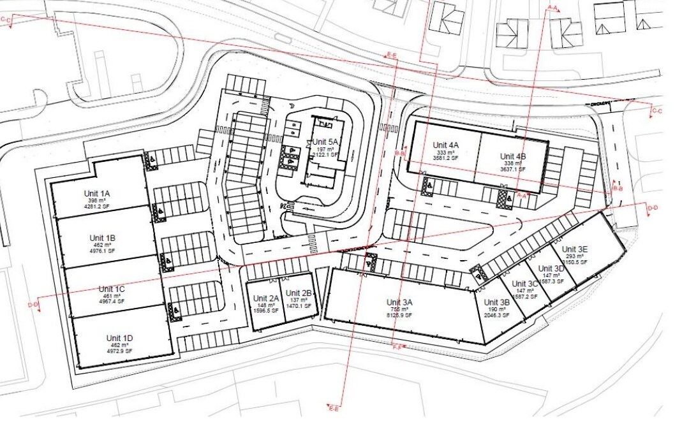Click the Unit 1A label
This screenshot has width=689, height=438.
[x=98, y=193]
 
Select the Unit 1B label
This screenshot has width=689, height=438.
[x=103, y=238]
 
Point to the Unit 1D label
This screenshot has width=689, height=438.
[x=120, y=338]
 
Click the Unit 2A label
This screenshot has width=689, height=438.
[x=266, y=298]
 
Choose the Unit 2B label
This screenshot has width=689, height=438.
[x=299, y=293]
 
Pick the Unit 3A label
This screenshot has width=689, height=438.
[x=400, y=302]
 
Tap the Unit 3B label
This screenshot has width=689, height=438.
[x=496, y=303]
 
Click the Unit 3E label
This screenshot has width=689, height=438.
[x=575, y=249]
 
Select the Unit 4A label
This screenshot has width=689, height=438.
[x=446, y=145]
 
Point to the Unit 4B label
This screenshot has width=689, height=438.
[x=513, y=156]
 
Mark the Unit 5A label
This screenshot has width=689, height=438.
[x=325, y=142]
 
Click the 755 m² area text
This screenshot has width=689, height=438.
[x=400, y=309]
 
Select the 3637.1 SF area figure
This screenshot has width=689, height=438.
[x=513, y=170]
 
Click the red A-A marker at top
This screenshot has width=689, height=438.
[x=552, y=8]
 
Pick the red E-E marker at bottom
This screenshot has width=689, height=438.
[x=333, y=407]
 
